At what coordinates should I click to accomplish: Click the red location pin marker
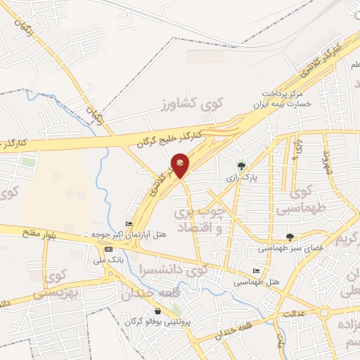point(181,165)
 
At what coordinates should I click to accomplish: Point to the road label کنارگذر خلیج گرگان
point(170,138)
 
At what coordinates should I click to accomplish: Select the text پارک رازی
point(243,179)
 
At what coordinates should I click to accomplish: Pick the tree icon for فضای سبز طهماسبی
point(290,237)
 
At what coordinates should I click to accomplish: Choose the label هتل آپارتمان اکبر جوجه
point(129,235)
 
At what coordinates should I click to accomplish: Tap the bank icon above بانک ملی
point(108,249)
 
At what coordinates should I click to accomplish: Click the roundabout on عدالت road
point(324,312)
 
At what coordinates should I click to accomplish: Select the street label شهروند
point(326,162)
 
